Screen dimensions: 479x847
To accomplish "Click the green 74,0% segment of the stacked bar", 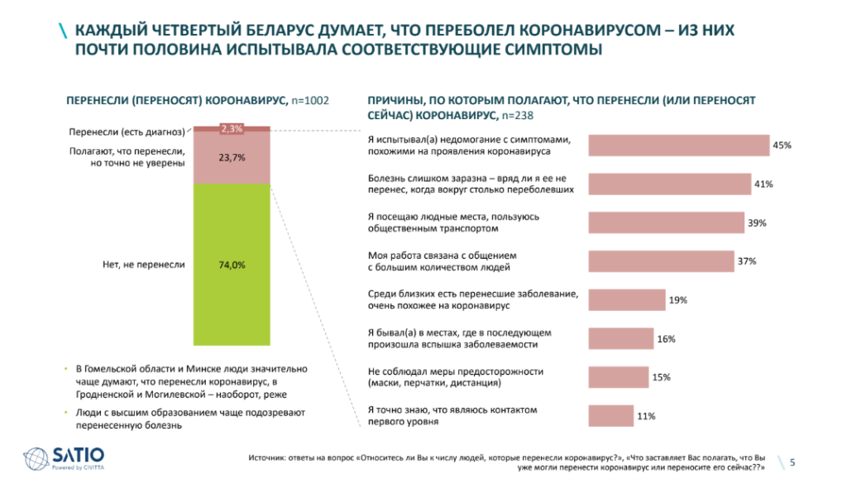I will coord(232,265).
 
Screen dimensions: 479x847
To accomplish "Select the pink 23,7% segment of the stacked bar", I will coord(232,157).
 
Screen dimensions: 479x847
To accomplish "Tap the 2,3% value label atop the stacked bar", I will coord(232,128).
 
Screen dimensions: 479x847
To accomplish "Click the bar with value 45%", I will coord(678,145).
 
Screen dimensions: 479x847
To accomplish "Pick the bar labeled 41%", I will coord(669,184).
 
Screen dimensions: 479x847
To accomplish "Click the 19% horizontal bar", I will coord(626,300).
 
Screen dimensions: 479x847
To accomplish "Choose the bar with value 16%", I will coord(620,338).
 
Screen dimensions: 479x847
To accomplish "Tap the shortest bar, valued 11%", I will coord(609,416).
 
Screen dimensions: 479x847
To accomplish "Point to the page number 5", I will coord(793,462).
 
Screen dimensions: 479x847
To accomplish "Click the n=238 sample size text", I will coord(519,115).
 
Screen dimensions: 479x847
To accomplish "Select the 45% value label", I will coord(782,145).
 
